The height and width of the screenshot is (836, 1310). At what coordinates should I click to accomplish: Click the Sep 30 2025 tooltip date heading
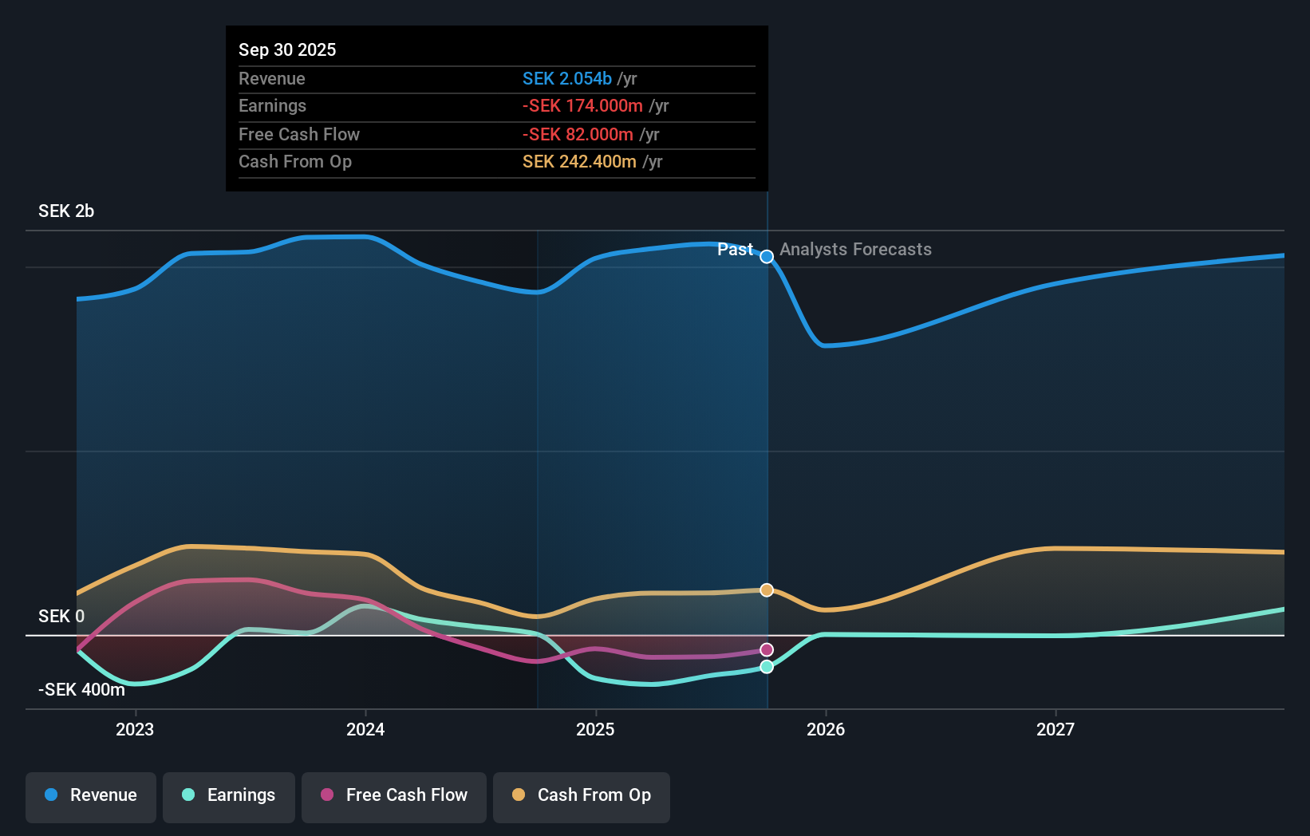click(x=287, y=49)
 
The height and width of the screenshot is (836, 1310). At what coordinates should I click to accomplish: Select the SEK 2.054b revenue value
click(x=567, y=78)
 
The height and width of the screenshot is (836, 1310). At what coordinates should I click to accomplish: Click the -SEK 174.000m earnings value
click(x=582, y=105)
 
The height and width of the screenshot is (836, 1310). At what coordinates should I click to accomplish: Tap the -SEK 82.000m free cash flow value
click(x=578, y=134)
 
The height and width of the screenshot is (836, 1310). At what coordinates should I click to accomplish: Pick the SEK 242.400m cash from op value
click(x=579, y=161)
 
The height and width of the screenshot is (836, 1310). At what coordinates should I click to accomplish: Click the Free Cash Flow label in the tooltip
click(x=299, y=134)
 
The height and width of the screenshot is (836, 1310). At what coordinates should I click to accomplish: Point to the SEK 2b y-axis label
click(x=66, y=211)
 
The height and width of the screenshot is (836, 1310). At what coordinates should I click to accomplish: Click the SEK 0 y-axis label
click(x=61, y=616)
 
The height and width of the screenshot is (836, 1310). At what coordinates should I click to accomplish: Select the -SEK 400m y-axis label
click(x=81, y=689)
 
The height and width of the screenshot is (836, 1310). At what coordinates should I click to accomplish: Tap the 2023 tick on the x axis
click(x=135, y=729)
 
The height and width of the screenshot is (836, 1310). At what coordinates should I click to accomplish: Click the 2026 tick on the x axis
click(x=826, y=729)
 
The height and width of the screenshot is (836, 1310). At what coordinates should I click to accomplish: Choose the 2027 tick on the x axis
click(x=1055, y=729)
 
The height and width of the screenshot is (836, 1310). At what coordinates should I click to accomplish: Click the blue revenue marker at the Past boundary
click(x=767, y=256)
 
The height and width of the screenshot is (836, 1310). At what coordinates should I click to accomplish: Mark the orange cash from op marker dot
click(x=767, y=590)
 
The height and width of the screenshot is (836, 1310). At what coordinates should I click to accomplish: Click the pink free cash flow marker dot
click(x=767, y=649)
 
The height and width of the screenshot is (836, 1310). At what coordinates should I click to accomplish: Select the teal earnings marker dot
click(x=767, y=666)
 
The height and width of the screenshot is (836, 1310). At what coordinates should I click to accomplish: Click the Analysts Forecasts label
click(x=855, y=249)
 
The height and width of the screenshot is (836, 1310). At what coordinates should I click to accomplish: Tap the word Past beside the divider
click(x=735, y=249)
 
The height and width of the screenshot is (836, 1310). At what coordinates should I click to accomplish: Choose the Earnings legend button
click(x=229, y=795)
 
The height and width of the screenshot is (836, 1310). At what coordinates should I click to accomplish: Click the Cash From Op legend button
click(x=582, y=795)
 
